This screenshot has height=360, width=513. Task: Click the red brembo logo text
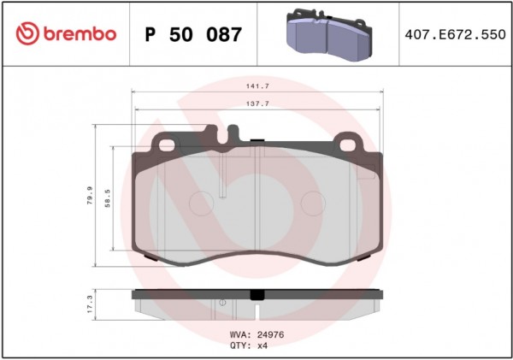(x=80, y=33)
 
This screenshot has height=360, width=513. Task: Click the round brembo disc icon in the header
(x=27, y=33)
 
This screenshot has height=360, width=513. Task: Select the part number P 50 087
(x=193, y=34)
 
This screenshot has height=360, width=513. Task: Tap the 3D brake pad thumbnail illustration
(x=329, y=35)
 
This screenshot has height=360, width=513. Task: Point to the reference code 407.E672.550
(x=455, y=34)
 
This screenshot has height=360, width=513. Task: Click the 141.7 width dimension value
(x=257, y=86)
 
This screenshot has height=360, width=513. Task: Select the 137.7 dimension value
(x=257, y=103)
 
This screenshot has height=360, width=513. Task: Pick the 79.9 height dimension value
(x=90, y=195)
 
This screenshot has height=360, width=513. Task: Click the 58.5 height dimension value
(x=108, y=198)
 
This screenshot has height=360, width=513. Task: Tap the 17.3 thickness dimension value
(x=90, y=304)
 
